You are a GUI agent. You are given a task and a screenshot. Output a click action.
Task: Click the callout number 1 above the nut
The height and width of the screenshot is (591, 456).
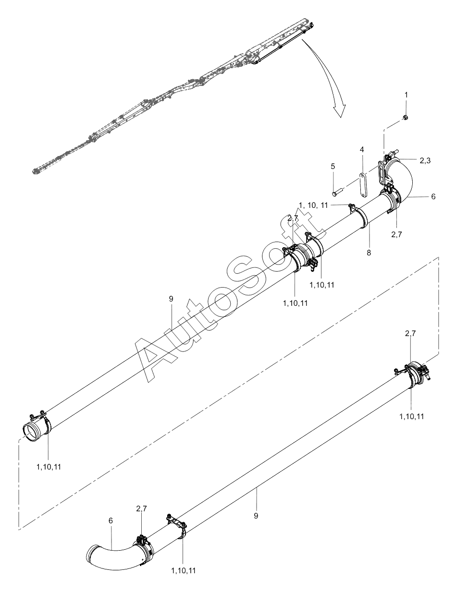click(x=406, y=96)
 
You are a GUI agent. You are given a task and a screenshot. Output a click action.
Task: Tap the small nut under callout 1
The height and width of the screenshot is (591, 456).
click(x=406, y=117)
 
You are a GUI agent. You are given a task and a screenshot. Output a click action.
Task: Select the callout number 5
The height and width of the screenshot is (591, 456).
click(x=333, y=167)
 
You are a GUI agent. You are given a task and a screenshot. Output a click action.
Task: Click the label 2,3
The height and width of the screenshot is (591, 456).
click(x=425, y=161)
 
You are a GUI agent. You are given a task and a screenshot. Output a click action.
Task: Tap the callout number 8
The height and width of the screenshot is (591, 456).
click(x=369, y=252)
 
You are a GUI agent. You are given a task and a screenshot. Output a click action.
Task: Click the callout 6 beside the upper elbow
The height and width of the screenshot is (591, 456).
click(x=433, y=196)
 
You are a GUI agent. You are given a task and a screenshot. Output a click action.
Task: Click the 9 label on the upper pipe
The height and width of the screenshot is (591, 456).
click(x=171, y=299)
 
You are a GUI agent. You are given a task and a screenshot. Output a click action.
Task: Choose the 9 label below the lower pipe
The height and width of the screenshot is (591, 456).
click(x=256, y=516)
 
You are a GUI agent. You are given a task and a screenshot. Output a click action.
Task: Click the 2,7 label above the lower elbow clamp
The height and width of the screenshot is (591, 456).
click(x=141, y=508)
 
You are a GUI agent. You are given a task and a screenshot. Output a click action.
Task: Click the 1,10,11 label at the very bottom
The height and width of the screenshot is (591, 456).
click(x=183, y=571)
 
